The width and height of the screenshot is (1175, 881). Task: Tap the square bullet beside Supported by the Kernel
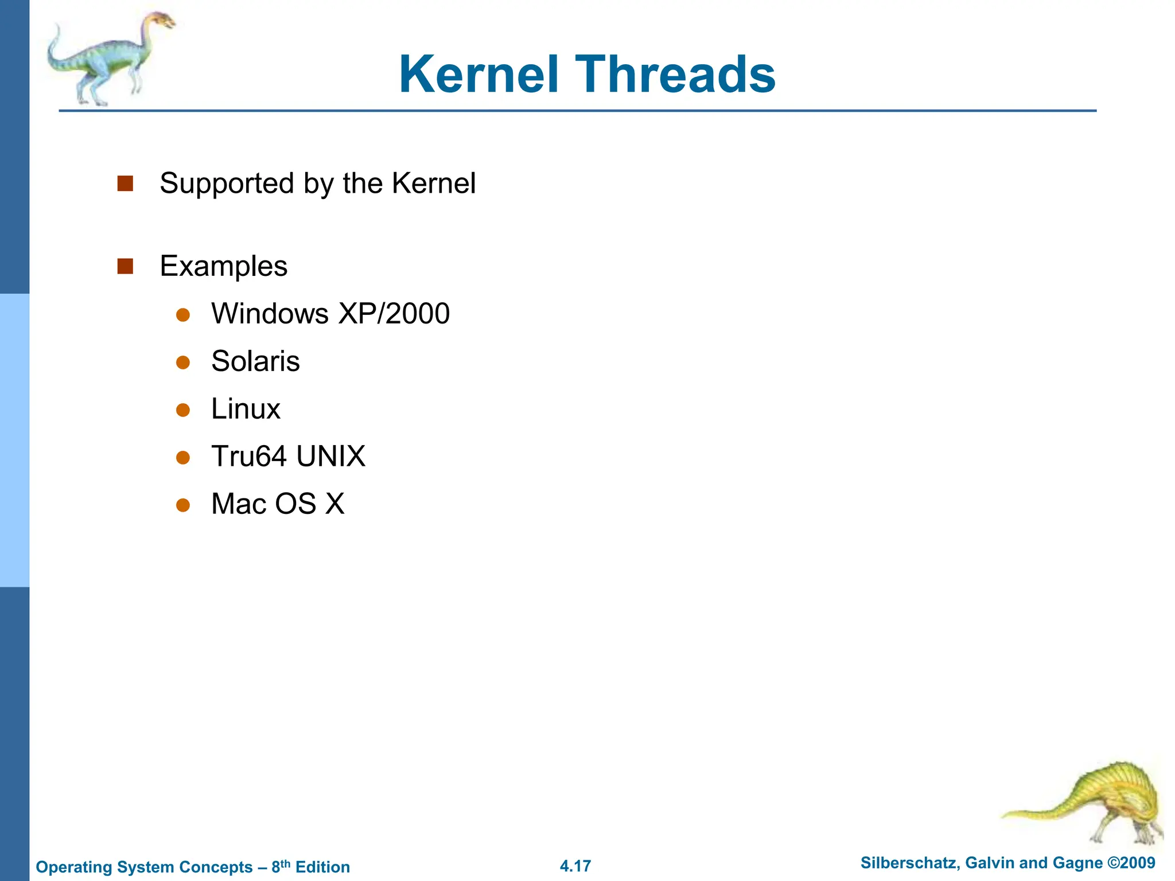tap(125, 184)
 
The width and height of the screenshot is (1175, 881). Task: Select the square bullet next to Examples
tap(125, 266)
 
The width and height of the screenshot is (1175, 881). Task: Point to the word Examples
tap(223, 267)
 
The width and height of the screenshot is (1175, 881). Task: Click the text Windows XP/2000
tap(330, 314)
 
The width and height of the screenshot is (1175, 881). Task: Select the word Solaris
tap(255, 361)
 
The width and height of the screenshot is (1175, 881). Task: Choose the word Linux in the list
tap(246, 409)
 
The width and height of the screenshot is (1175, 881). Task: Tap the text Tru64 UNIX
tap(288, 457)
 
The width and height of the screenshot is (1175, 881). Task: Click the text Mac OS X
tap(278, 504)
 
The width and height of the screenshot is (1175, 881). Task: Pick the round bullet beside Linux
tap(183, 410)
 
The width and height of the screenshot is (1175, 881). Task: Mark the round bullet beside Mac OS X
tap(183, 505)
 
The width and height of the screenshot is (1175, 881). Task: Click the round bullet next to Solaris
tap(183, 362)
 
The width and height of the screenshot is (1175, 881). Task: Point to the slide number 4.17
tap(575, 866)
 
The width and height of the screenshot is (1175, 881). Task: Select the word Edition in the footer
tap(322, 867)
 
